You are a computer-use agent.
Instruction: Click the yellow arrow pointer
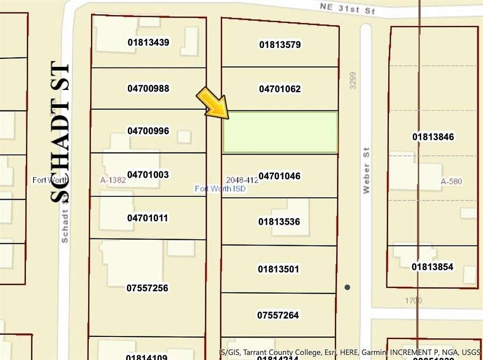214,103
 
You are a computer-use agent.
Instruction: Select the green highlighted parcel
280,132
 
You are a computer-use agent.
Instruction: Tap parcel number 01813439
148,42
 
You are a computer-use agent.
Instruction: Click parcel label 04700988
148,89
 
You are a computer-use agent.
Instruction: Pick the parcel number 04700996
148,131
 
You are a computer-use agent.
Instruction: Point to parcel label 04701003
148,175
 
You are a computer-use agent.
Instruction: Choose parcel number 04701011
148,218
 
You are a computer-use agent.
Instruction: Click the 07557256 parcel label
147,288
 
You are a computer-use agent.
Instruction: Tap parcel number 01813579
280,45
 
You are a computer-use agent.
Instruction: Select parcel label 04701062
280,89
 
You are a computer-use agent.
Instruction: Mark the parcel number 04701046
280,176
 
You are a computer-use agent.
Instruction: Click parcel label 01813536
279,221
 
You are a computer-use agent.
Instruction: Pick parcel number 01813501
278,269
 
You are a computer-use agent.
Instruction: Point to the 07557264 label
278,315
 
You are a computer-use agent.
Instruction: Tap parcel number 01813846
433,137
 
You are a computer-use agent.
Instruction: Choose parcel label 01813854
432,267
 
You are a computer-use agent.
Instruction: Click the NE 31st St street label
347,8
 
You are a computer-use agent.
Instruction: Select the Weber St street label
366,170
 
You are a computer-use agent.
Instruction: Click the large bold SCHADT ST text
61,132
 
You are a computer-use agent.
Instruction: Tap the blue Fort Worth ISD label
220,188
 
